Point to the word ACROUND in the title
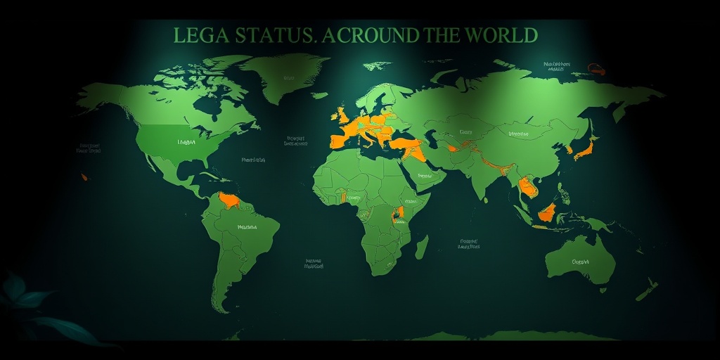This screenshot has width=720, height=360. [x=367, y=34]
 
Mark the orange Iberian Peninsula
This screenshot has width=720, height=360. [x=338, y=140]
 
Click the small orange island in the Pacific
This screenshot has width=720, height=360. [x=85, y=176]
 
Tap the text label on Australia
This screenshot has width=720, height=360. [x=580, y=261]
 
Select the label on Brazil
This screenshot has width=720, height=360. [x=247, y=227]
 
